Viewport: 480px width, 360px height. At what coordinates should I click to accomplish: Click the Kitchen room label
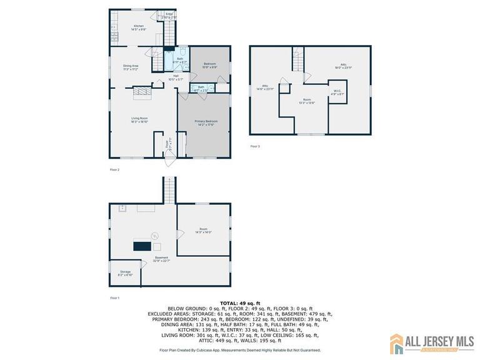pos(139,26)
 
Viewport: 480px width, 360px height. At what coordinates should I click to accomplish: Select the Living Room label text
pos(139,119)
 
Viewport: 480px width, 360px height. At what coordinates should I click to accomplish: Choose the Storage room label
pos(126,272)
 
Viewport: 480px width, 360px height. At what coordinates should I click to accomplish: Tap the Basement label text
pos(162,258)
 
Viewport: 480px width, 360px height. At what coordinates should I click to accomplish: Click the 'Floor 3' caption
pos(254,146)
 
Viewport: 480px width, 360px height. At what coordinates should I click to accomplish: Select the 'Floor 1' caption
pos(114,297)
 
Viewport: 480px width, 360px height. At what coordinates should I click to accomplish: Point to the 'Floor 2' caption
pos(114,169)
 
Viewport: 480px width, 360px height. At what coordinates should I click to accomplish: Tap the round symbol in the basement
pos(156,236)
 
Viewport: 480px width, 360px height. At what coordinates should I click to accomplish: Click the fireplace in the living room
pos(144,92)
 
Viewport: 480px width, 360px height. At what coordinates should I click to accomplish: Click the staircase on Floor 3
pos(298,61)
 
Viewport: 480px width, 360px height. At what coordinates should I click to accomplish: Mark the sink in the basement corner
pos(122,207)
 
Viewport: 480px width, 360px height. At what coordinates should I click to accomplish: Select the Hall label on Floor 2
pos(176,76)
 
